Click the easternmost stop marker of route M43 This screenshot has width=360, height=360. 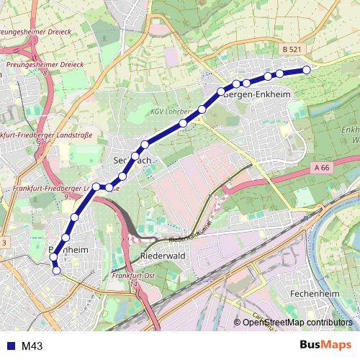click(307, 70)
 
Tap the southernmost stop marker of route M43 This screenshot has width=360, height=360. click(57, 271)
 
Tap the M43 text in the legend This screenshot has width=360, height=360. click(32, 346)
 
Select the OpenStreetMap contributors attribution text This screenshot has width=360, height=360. click(297, 323)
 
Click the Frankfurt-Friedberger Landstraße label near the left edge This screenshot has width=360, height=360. click(32, 135)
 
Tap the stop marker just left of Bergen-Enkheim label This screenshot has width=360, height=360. click(221, 91)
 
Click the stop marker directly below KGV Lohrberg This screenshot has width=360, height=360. click(184, 123)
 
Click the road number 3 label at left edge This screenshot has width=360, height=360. click(4, 243)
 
